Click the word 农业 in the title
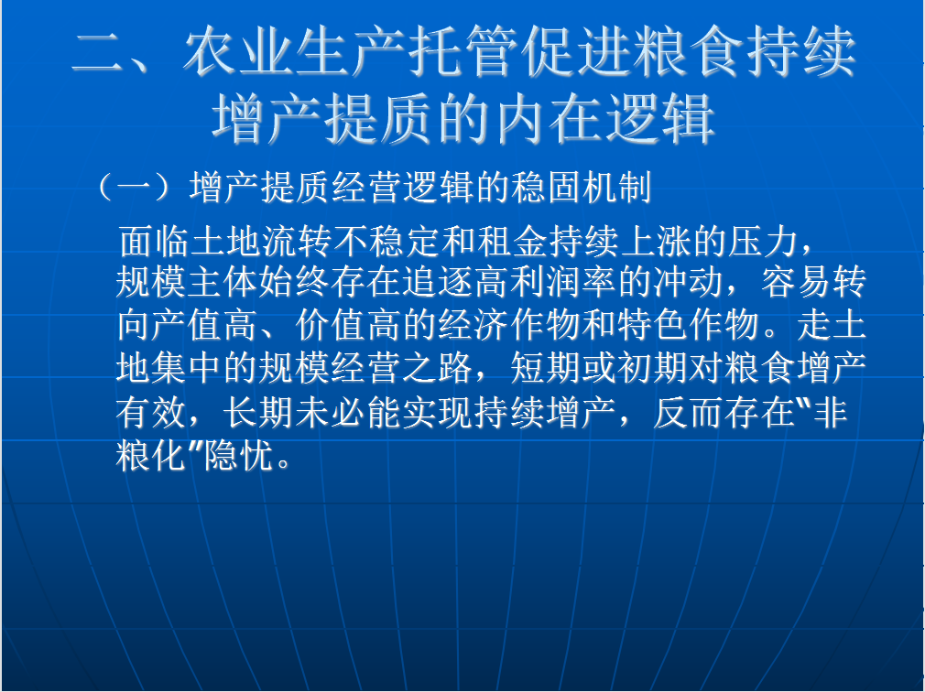(x=239, y=53)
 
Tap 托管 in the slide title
(x=465, y=53)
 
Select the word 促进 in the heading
(x=579, y=53)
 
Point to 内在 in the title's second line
(x=550, y=120)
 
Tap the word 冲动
(x=690, y=282)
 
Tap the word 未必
(x=331, y=411)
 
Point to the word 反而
(x=690, y=411)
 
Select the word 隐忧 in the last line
(x=240, y=454)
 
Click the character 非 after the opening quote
(x=831, y=411)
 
